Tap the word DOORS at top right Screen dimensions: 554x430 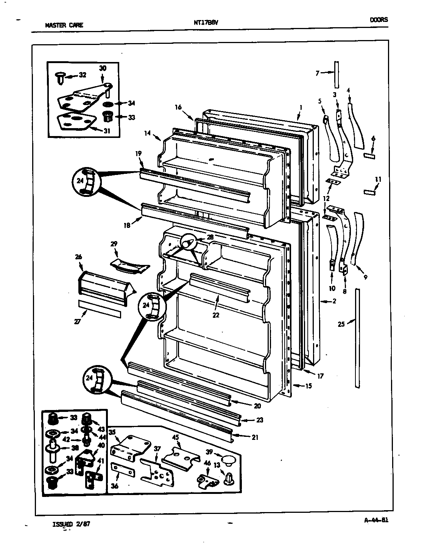pos(379,20)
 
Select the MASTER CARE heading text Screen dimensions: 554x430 pos(64,26)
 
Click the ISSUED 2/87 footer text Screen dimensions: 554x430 pos(71,524)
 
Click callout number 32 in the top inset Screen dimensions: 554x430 pos(82,75)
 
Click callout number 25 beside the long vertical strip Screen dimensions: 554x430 pos(341,324)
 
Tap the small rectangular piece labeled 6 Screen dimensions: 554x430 pos(369,156)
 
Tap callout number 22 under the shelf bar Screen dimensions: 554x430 pos(216,314)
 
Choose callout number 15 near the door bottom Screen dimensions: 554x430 pos(308,386)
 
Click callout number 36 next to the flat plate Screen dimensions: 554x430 pos(115,486)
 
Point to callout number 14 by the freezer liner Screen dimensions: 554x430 pos(148,133)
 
